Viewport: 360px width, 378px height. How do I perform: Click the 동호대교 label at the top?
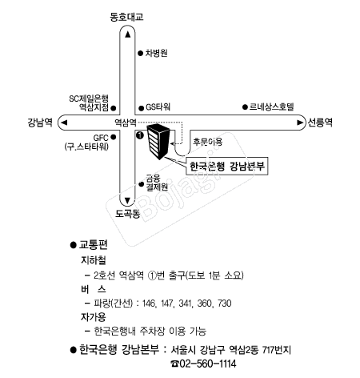pos(126,17)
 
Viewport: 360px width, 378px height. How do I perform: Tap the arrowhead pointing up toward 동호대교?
pos(128,34)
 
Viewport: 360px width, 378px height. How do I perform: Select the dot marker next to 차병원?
pos(140,54)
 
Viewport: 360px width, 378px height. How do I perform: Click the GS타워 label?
pos(158,107)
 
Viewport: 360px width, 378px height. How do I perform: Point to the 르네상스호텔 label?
pos(271,107)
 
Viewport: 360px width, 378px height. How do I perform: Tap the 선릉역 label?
pos(320,123)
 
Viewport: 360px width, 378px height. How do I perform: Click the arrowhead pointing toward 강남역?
pos(64,123)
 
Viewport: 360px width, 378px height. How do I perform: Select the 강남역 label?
pos(40,123)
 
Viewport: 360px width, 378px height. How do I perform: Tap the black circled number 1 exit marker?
pos(140,135)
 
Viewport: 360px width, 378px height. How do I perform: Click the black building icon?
pos(158,141)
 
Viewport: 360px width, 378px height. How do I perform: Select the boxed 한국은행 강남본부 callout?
pos(227,167)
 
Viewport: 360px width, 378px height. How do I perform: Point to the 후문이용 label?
pos(208,142)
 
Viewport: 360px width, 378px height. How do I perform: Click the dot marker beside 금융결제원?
pos(142,184)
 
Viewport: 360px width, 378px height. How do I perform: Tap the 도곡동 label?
pos(127,214)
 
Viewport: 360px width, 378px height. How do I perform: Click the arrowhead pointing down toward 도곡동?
pos(127,200)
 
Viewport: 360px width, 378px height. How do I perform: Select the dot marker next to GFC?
pos(113,137)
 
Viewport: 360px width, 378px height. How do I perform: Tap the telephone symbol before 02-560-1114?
pos(174,364)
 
